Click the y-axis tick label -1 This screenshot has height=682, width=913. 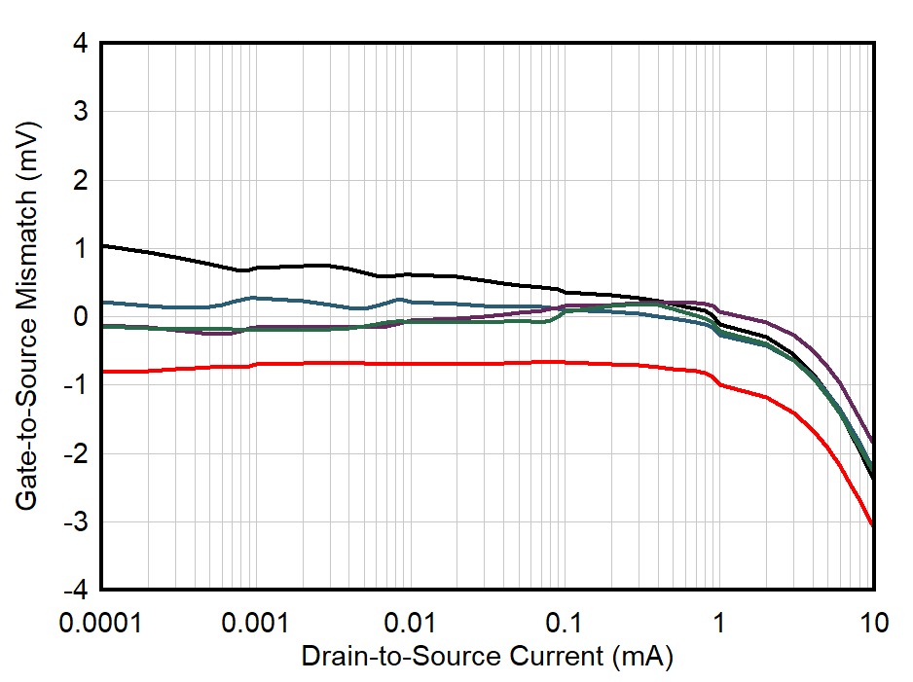(x=77, y=385)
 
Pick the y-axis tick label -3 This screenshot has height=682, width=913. (x=77, y=522)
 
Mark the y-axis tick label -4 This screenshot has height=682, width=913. (x=77, y=591)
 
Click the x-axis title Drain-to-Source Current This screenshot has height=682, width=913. (x=487, y=657)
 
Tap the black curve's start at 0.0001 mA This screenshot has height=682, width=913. (x=102, y=245)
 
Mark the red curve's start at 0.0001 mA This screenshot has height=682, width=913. (x=102, y=372)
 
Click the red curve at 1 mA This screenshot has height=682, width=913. (x=720, y=384)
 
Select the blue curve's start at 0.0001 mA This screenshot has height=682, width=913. (x=102, y=302)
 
